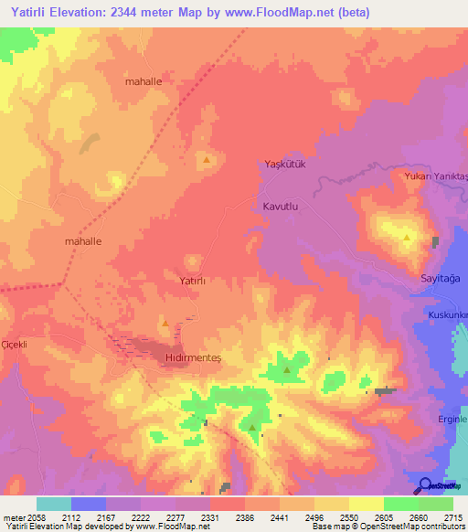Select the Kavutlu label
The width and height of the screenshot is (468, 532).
pos(282,207)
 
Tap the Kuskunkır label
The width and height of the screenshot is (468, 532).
pos(448,315)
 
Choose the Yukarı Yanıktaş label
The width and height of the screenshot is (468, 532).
pos(435,176)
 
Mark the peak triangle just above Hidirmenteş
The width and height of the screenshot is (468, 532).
pos(165,323)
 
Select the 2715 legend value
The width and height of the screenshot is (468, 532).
pos(453,517)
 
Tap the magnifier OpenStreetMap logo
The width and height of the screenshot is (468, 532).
pos(424,485)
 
